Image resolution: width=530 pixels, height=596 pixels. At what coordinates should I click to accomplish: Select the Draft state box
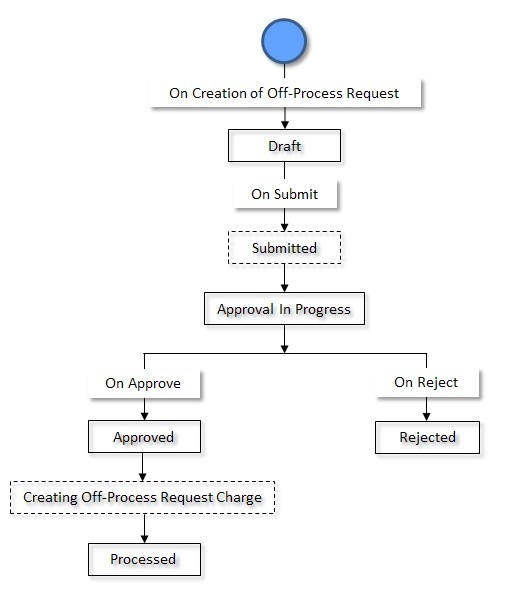pos(284,146)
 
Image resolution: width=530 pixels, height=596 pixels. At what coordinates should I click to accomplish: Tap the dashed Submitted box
pos(284,248)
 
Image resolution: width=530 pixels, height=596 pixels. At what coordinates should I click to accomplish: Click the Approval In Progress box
pos(284,309)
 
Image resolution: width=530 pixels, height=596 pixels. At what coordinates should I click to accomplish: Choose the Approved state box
pos(144,437)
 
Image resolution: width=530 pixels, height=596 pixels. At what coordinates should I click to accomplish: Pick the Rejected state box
pos(427,437)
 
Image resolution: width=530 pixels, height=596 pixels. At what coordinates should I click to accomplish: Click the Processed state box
pos(144,559)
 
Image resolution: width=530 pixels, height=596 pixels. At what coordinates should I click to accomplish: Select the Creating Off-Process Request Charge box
pos(142,497)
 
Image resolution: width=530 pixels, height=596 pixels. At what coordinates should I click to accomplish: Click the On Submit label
pos(284,195)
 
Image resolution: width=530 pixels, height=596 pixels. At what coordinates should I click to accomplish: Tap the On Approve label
pos(142,382)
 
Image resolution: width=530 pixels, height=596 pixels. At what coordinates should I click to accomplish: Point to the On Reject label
pos(426,382)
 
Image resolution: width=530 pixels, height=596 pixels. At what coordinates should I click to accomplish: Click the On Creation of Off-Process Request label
pos(284,93)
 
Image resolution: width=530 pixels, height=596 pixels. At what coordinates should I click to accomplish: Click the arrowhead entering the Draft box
pos(284,126)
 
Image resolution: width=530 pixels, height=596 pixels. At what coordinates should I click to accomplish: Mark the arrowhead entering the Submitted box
pos(284,227)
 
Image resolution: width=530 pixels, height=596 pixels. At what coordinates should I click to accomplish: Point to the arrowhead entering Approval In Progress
pos(284,288)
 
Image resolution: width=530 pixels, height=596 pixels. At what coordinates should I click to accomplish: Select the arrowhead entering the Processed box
pos(144,538)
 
